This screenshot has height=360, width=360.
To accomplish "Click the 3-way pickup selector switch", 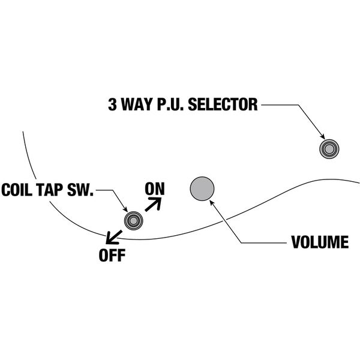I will coord(328,149).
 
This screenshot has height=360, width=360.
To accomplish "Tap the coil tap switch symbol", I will coord(134,220).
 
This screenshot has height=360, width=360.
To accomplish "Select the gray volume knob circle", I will coord(202,188).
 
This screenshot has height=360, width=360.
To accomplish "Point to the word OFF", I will coord(112,255).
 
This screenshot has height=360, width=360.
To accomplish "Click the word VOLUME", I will coord(319,243).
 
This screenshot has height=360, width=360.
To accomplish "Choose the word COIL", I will coord(19,191).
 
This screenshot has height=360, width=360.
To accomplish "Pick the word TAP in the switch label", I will coord(53,191).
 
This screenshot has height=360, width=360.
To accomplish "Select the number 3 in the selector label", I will coord(112,105).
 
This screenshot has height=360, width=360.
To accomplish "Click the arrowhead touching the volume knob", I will coord(212,202).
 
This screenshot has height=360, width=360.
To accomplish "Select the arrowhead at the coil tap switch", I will coord(124,209).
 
